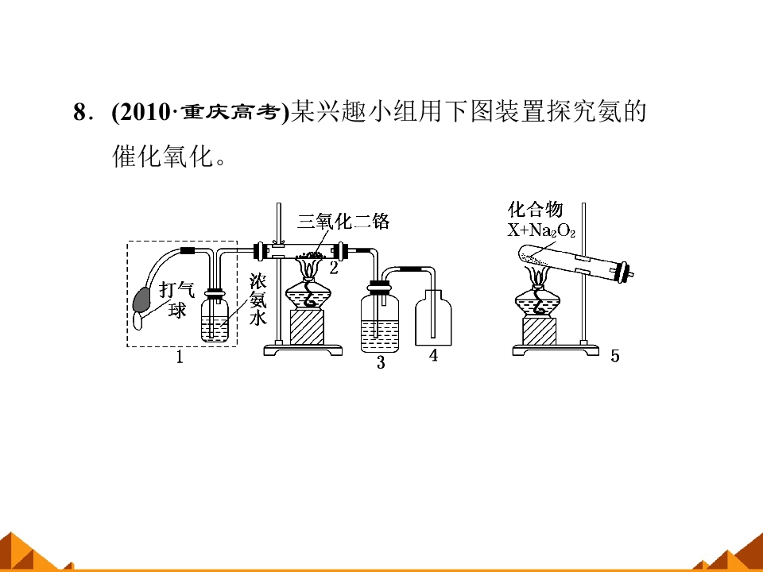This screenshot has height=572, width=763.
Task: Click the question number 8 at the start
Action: click(79, 112)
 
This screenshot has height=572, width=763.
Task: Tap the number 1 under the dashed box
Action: click(180, 357)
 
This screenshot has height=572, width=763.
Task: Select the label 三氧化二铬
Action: click(343, 222)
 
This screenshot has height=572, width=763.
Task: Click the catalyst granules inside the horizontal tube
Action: click(311, 254)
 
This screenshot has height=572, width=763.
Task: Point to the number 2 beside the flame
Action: click(333, 268)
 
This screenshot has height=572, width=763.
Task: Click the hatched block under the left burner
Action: click(307, 327)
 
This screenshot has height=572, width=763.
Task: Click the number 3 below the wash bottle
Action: click(381, 362)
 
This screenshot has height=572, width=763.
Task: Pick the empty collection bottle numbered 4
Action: click(433, 318)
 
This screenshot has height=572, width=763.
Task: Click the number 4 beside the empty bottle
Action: click(433, 356)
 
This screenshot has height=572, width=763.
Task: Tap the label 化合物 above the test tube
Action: click(535, 210)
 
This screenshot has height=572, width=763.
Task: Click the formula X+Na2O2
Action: click(541, 230)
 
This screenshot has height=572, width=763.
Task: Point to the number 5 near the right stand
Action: click(615, 357)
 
